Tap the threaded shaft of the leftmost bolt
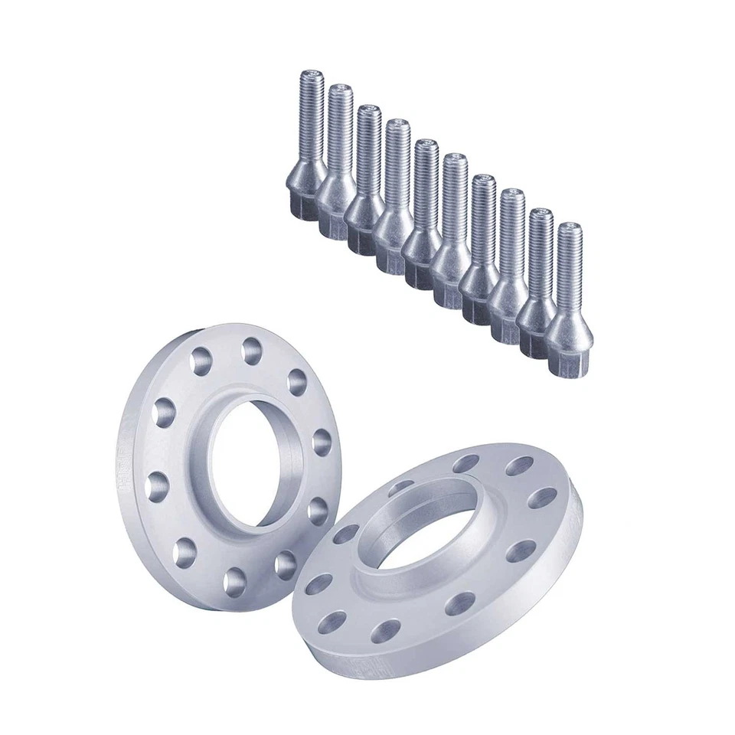point(310,115)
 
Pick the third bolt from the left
point(365,184)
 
